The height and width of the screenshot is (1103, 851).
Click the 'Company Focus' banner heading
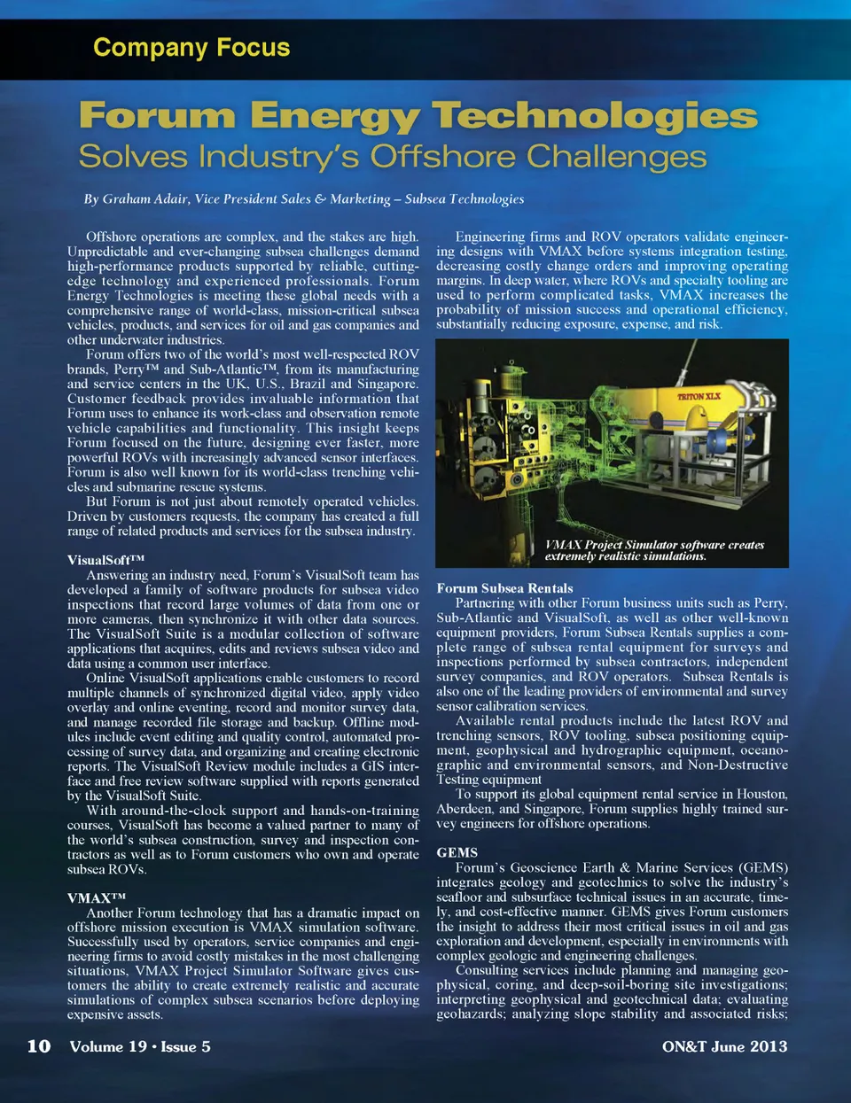click(x=191, y=47)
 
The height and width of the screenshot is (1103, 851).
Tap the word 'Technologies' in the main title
click(x=595, y=116)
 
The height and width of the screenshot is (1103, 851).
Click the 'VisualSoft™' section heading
click(x=105, y=560)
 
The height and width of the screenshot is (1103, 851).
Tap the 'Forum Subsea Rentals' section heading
click(x=504, y=588)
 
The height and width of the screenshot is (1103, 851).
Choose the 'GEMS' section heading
click(x=457, y=852)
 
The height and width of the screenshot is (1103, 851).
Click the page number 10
click(x=39, y=1046)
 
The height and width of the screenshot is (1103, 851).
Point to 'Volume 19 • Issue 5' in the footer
click(x=140, y=1046)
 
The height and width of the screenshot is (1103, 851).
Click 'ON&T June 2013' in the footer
click(x=724, y=1046)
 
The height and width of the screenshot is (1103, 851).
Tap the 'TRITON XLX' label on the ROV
click(x=699, y=396)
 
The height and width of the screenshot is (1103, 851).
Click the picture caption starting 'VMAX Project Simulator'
click(x=654, y=550)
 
